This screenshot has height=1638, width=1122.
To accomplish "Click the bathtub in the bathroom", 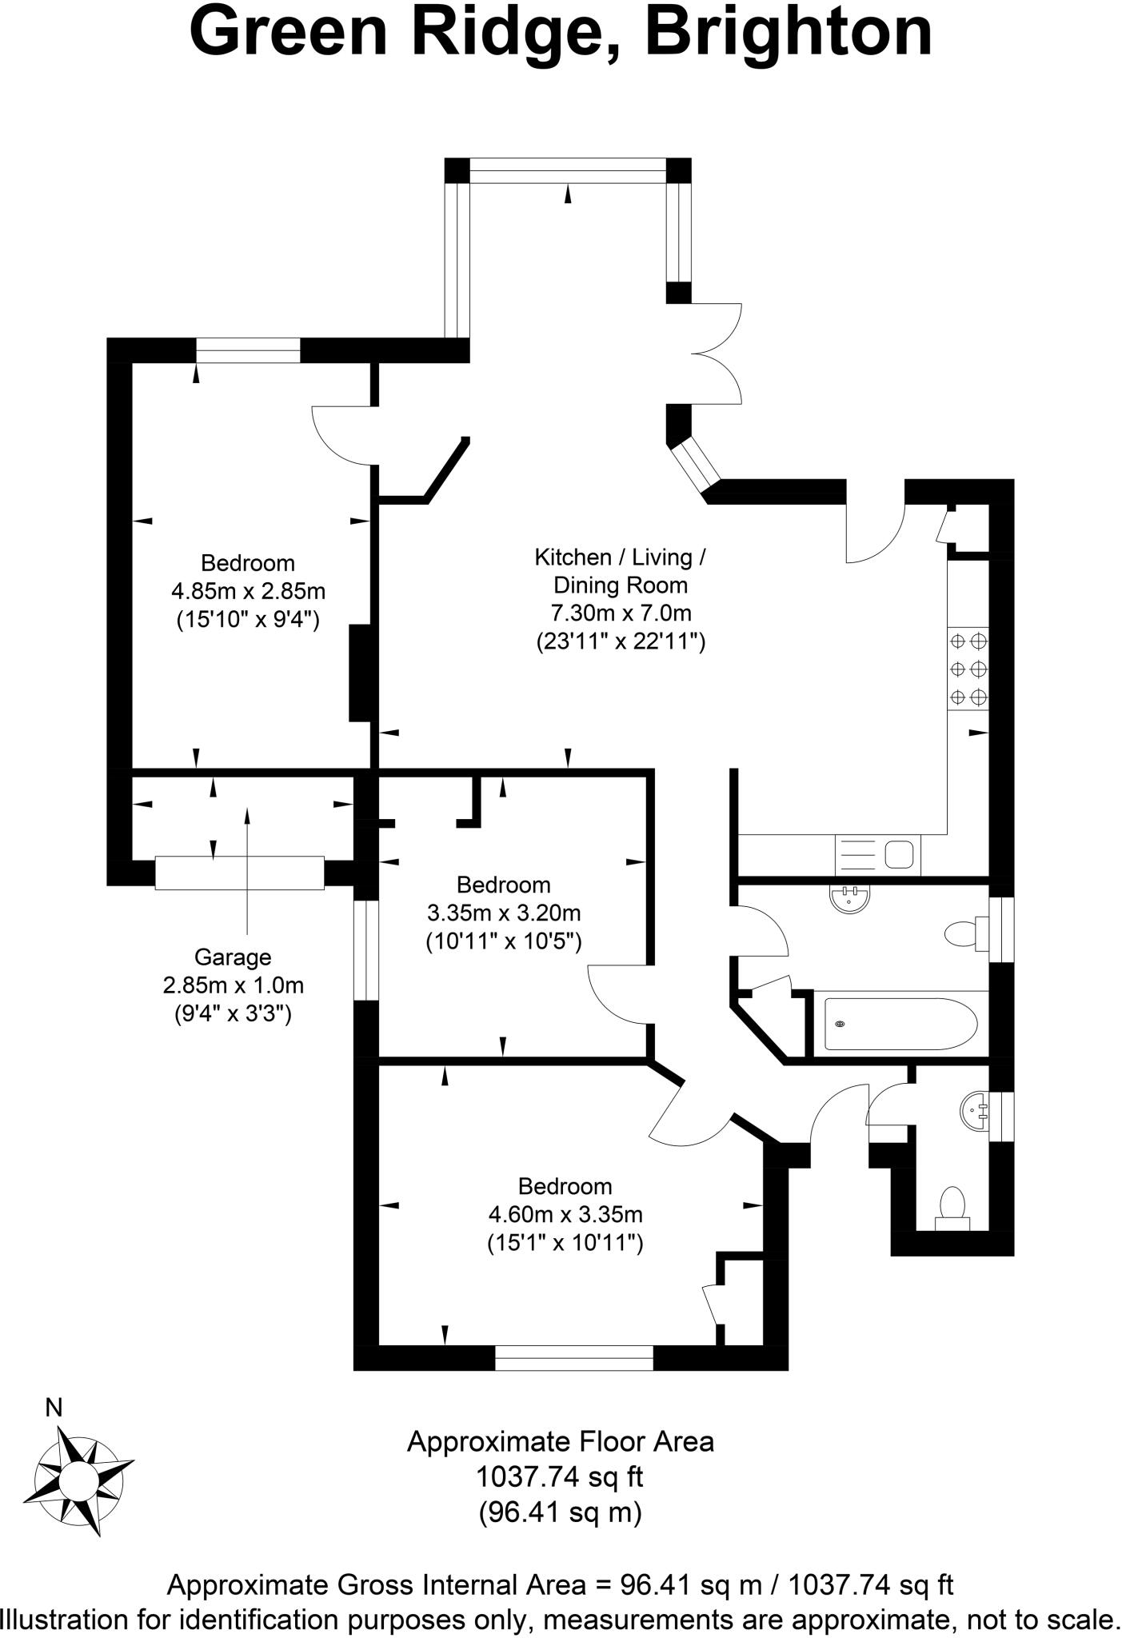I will click(900, 1024).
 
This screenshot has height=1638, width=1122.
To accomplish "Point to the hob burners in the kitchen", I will click(968, 669).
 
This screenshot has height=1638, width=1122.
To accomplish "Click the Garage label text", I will click(233, 957).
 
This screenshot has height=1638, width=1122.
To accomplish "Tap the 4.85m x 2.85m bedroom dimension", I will click(248, 592).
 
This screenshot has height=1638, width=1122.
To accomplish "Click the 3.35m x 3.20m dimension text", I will click(504, 913).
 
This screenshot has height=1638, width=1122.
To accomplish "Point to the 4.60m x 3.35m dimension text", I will click(565, 1215).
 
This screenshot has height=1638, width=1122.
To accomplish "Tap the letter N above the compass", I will click(54, 1408).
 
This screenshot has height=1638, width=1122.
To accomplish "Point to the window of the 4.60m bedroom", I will click(573, 1357).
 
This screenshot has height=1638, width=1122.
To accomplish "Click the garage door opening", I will click(239, 873).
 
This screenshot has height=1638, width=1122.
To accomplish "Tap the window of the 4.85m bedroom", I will click(248, 350).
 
